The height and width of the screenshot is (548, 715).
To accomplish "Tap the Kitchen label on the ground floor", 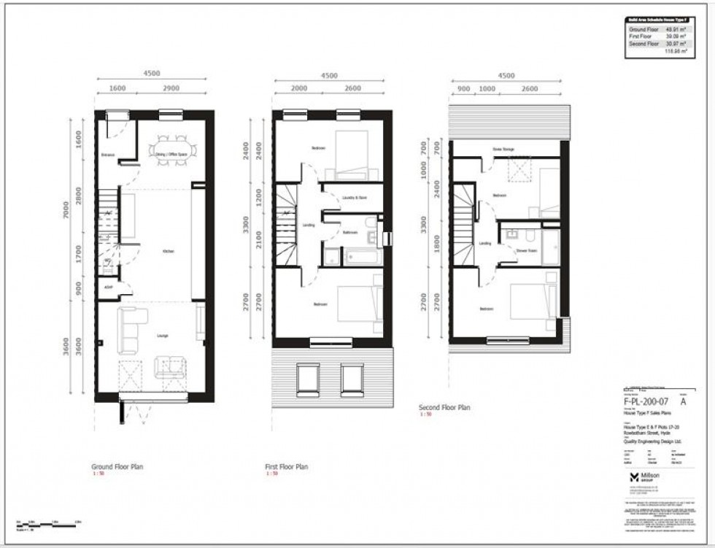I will [x=169, y=251].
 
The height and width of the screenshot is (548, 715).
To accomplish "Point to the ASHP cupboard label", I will [x=109, y=287].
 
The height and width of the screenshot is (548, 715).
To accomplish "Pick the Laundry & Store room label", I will [x=355, y=198].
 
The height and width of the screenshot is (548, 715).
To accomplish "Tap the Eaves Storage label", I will [x=503, y=150].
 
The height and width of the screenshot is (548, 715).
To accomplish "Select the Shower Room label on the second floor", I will [x=527, y=250].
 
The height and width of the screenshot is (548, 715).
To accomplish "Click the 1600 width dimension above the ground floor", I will [x=117, y=88].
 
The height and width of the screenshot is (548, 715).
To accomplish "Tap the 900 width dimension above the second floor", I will [x=463, y=88].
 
